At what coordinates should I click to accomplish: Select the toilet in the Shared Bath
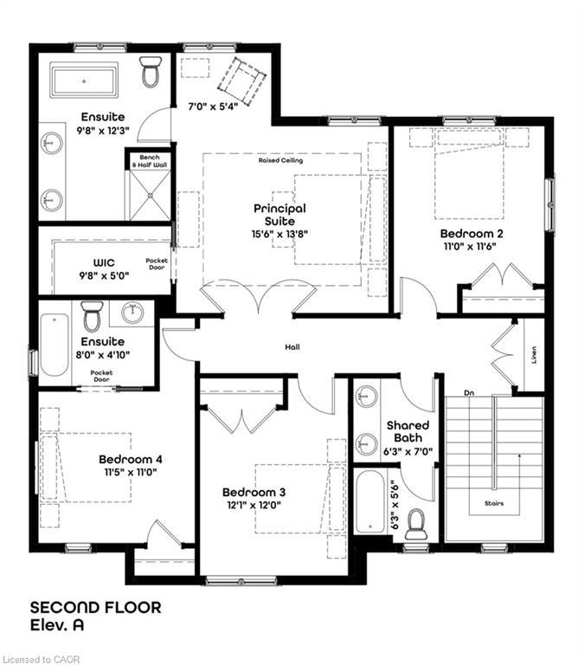[415, 522]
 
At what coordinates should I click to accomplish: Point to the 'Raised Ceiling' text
[280, 160]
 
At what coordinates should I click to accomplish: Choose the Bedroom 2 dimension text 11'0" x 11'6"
[472, 246]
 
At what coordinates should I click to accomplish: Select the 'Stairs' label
[494, 503]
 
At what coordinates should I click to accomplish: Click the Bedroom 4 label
[131, 459]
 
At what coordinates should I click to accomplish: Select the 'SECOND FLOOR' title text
[96, 607]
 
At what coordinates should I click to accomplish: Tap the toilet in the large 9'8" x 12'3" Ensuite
[151, 73]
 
